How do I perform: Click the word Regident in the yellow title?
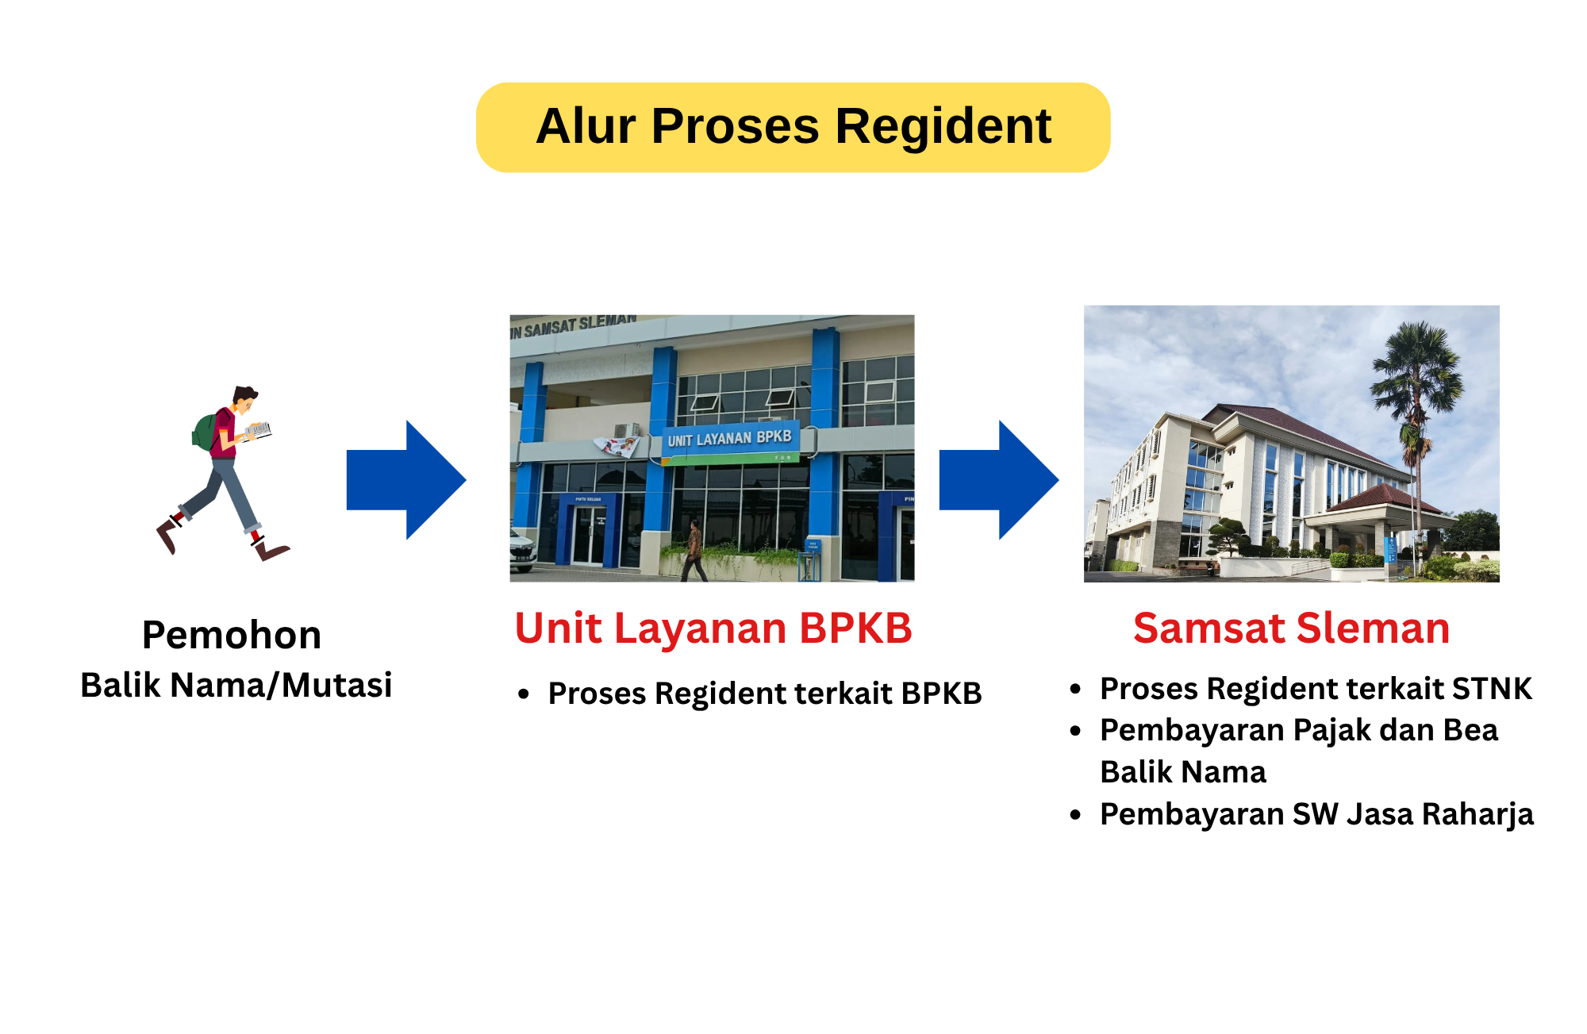[943, 127]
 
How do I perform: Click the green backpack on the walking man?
[206, 431]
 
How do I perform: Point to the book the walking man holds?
[259, 432]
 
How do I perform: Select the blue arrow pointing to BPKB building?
[406, 480]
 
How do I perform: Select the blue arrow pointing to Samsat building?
[999, 480]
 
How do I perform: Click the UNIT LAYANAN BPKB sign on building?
[729, 438]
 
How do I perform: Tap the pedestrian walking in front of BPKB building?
[694, 550]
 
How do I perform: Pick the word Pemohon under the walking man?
[232, 635]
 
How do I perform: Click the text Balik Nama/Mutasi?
[236, 685]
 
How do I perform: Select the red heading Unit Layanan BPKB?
[713, 628]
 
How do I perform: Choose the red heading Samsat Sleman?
[1292, 628]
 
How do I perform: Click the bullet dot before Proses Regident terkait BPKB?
[524, 694]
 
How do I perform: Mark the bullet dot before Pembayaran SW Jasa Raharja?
[1076, 814]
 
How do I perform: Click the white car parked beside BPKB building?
[522, 549]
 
